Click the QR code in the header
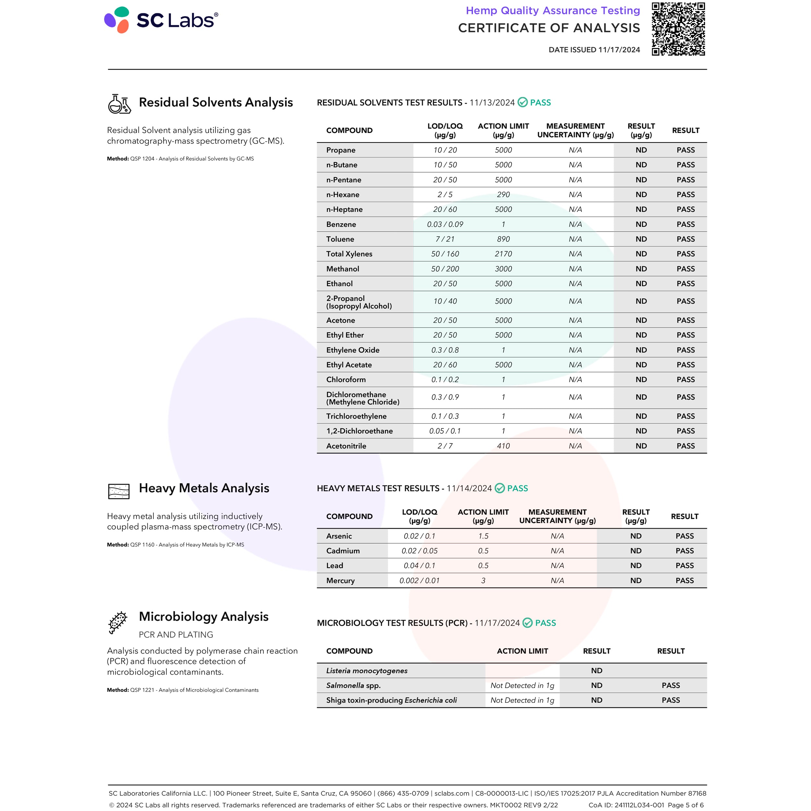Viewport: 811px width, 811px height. tap(678, 29)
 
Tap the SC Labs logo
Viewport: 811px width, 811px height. tap(161, 20)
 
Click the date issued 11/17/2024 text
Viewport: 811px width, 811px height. tap(594, 50)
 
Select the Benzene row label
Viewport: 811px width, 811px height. tap(341, 224)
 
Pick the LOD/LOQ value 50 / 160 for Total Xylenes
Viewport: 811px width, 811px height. tap(445, 254)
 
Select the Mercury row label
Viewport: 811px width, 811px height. tap(340, 581)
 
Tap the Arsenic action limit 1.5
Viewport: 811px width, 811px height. tap(483, 536)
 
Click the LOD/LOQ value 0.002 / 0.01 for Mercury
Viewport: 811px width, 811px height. tap(419, 581)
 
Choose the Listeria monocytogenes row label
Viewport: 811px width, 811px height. tap(367, 671)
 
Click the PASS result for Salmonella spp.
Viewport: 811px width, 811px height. tap(671, 685)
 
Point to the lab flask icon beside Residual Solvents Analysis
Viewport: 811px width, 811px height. tap(119, 104)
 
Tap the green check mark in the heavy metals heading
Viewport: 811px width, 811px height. tap(500, 488)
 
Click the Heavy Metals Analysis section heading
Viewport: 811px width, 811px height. tap(204, 488)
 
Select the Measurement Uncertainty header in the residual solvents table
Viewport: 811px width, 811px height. tap(575, 130)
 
